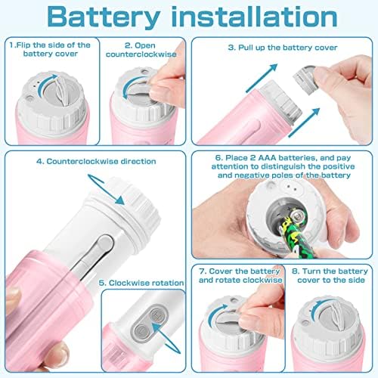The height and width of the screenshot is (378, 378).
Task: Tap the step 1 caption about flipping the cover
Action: tap(50, 50)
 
